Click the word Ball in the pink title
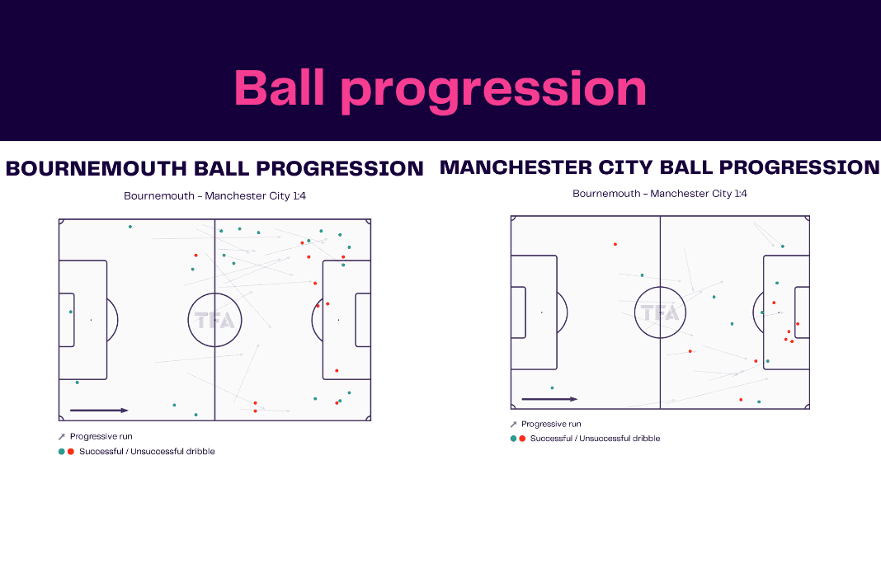click(x=280, y=87)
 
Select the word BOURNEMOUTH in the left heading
click(x=96, y=168)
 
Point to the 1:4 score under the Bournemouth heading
click(x=299, y=196)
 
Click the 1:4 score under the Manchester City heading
click(x=741, y=194)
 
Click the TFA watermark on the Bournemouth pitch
click(x=214, y=320)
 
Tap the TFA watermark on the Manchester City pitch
click(x=660, y=312)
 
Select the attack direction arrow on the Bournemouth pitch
click(x=99, y=411)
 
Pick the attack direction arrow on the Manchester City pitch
click(x=549, y=399)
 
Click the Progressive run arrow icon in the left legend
click(x=62, y=436)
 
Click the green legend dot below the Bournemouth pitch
click(x=62, y=452)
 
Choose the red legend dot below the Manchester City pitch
click(x=522, y=439)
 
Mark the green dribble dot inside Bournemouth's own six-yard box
click(x=71, y=312)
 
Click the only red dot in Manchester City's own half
click(x=615, y=244)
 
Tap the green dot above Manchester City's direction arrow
click(x=553, y=388)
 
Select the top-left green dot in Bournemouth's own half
click(x=130, y=227)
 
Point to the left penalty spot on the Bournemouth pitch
click(x=91, y=320)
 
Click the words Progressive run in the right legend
click(x=551, y=424)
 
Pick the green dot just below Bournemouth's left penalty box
click(x=78, y=383)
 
